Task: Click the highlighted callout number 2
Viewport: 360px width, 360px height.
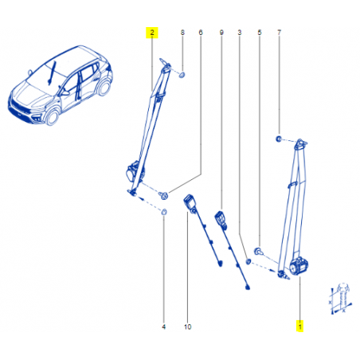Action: point(152,33)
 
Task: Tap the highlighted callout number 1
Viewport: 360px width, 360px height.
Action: point(300,326)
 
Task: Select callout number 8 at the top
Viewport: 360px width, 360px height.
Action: point(182,33)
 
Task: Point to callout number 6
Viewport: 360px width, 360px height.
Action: point(201,33)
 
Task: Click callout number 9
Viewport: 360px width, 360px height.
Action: point(221,33)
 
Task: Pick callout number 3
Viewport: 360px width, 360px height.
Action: point(240,33)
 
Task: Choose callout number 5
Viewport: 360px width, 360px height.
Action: point(260,33)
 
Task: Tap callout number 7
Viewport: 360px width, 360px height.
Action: point(279,33)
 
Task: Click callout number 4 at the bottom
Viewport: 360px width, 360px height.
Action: point(163,327)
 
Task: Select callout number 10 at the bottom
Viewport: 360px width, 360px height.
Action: point(187,327)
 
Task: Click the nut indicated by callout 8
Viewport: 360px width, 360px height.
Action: point(182,75)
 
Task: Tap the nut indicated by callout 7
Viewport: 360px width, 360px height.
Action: point(279,139)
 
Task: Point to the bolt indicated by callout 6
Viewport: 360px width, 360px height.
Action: point(163,196)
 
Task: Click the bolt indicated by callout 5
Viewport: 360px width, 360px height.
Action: point(258,251)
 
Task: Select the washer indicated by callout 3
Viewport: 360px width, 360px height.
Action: point(248,262)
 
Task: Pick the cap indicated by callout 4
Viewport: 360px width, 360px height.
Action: point(164,212)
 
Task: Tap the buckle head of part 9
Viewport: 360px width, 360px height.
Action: point(221,218)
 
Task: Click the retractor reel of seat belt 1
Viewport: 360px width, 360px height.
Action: point(299,267)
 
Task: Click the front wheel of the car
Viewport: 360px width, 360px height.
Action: point(53,117)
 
